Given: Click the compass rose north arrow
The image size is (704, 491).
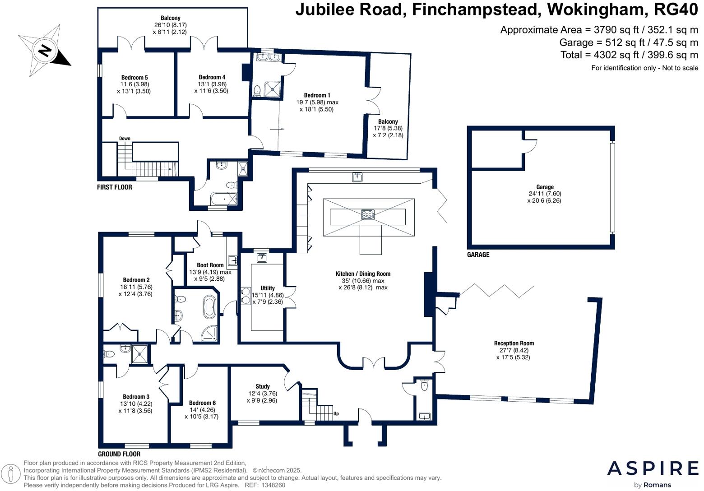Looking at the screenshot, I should (x=44, y=50).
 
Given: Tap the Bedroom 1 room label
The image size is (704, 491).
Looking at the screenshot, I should (x=317, y=95).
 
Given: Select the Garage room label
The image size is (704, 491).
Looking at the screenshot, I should (x=545, y=187).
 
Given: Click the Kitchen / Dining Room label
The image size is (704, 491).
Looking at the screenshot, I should (x=363, y=274).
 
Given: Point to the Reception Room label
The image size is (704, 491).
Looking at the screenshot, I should (x=514, y=343).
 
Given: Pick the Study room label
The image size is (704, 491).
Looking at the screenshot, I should (x=263, y=386).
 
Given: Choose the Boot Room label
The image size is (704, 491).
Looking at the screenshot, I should (x=210, y=265).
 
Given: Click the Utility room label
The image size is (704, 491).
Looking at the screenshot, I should (x=268, y=288).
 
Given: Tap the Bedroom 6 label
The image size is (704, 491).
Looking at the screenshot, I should (x=202, y=403).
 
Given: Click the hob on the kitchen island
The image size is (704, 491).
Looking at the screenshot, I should (x=368, y=214).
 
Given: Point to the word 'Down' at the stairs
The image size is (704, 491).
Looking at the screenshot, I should (x=125, y=139).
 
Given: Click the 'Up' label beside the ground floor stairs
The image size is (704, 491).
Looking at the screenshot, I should (x=336, y=413).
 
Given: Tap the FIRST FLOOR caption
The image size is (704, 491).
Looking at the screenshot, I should (x=115, y=187).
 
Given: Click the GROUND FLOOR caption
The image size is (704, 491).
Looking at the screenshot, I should (x=119, y=454).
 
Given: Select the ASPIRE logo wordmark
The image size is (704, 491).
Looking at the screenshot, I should (x=653, y=468).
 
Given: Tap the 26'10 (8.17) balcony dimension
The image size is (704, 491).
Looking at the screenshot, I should (x=170, y=25).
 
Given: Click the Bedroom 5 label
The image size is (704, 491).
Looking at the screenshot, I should (x=134, y=78).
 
